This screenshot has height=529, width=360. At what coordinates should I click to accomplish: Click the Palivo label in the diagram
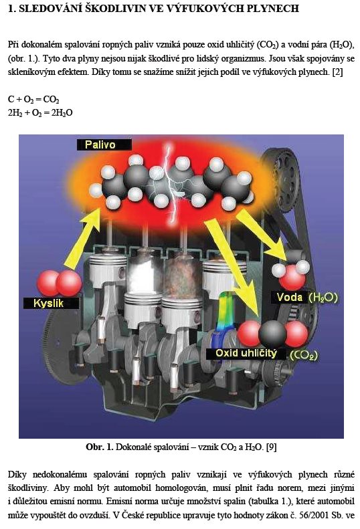click(x=100, y=144)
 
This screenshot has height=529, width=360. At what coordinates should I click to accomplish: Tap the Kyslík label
click(x=49, y=303)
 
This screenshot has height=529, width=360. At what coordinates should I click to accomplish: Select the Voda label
click(x=290, y=297)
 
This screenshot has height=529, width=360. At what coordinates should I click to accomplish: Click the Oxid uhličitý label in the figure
click(x=246, y=353)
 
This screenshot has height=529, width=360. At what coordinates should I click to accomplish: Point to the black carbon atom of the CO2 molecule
click(x=272, y=333)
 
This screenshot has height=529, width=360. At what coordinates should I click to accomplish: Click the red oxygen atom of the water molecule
click(x=293, y=278)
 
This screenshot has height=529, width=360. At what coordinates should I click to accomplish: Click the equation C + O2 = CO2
click(x=33, y=100)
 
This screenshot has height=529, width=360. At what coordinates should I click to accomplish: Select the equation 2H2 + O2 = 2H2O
click(x=40, y=112)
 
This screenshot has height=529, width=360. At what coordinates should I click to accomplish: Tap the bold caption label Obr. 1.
click(x=99, y=447)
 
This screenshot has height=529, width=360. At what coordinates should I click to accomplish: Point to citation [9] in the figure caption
click(x=272, y=447)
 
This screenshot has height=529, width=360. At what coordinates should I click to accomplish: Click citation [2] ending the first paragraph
click(x=338, y=72)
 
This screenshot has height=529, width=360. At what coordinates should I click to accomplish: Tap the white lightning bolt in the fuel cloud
click(x=169, y=182)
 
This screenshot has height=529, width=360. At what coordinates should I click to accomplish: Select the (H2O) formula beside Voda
click(x=323, y=298)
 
